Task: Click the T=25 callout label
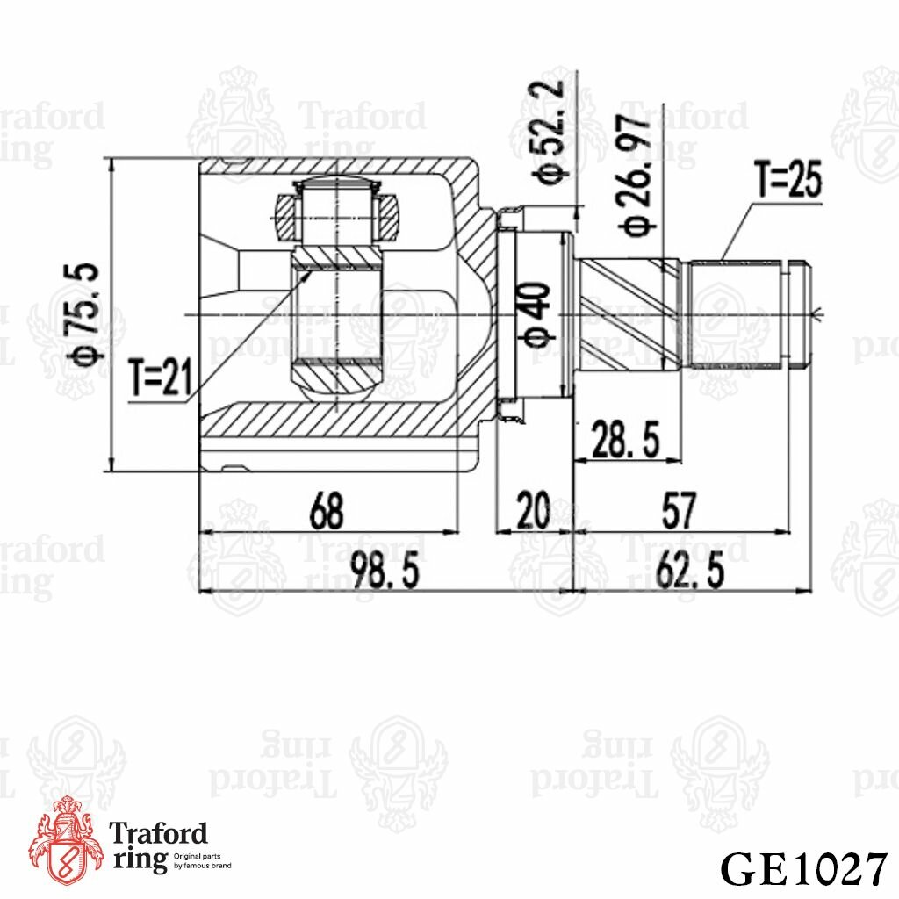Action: [788, 182]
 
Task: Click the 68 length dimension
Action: [327, 510]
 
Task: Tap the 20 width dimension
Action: [533, 510]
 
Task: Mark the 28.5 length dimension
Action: [626, 439]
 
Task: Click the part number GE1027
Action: [802, 868]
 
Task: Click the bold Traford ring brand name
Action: [158, 846]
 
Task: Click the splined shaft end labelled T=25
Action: [746, 313]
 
